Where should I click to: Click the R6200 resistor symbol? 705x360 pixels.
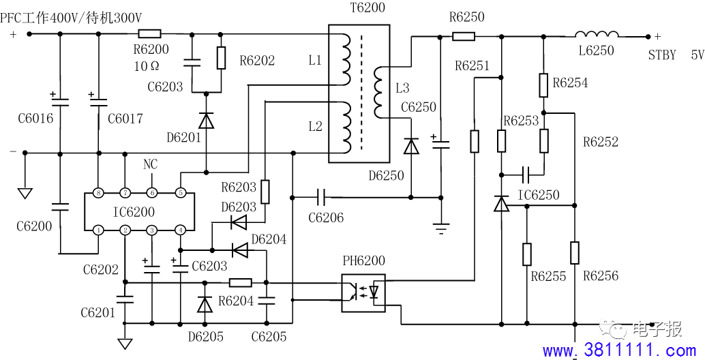(x=149, y=33)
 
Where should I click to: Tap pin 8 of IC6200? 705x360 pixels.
(x=98, y=194)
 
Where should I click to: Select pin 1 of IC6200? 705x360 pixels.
(x=98, y=230)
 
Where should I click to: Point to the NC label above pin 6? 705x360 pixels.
(x=151, y=164)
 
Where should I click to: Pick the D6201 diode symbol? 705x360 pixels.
(x=207, y=121)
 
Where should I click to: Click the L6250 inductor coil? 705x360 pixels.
(x=597, y=34)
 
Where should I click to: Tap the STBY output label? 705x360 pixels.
(x=662, y=55)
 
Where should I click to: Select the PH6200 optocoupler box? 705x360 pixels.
(x=363, y=293)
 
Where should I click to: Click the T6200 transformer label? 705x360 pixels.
(x=367, y=7)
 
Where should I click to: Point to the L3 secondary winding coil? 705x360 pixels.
(x=378, y=93)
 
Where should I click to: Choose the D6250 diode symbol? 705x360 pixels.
(x=411, y=147)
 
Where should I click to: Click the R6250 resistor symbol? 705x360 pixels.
(x=464, y=36)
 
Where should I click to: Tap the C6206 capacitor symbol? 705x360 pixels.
(x=321, y=197)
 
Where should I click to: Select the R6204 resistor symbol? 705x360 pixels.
(x=240, y=283)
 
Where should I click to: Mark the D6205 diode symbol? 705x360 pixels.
(x=205, y=305)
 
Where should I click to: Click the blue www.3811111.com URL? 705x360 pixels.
(x=620, y=350)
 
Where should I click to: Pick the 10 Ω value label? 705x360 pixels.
(x=147, y=66)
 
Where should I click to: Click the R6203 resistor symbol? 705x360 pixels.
(x=265, y=192)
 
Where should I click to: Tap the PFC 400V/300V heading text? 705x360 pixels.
(x=72, y=18)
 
